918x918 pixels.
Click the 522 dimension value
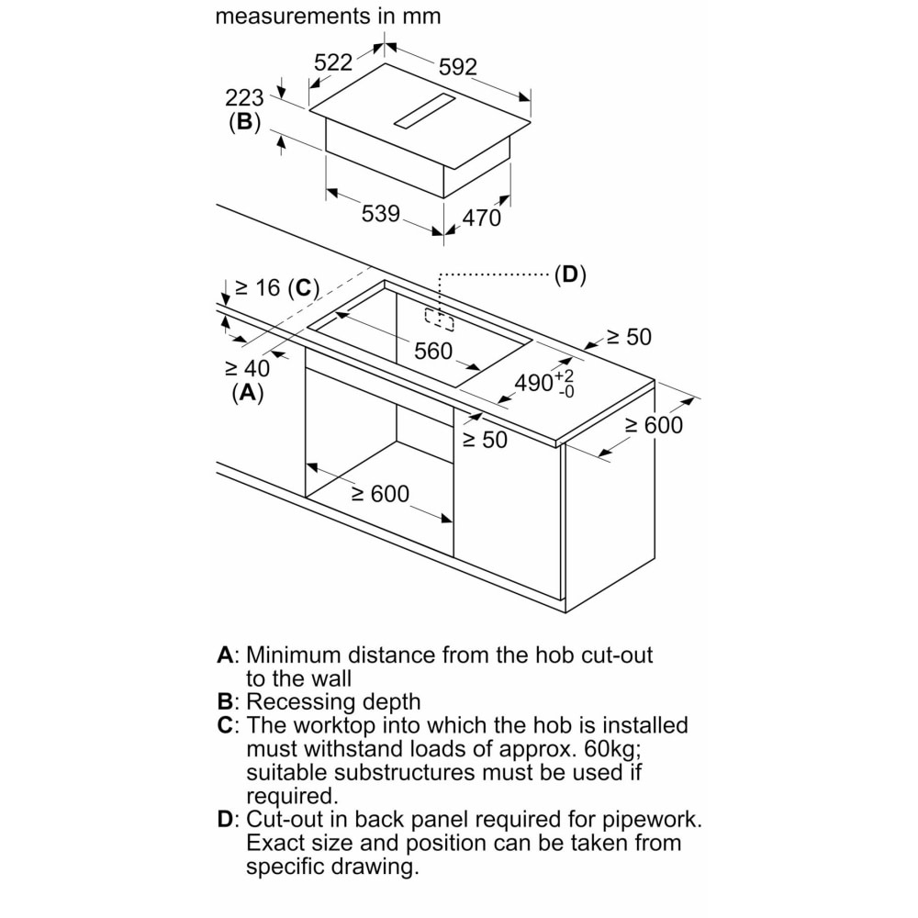click(x=333, y=62)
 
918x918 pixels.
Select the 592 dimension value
click(x=458, y=67)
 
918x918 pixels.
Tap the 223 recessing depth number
click(x=244, y=98)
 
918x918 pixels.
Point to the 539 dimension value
click(x=381, y=214)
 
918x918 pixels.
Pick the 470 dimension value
click(x=481, y=218)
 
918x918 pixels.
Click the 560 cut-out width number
click(x=433, y=352)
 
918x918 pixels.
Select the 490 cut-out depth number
click(x=534, y=382)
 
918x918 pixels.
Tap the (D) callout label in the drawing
click(x=570, y=274)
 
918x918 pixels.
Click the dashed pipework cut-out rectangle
click(x=439, y=319)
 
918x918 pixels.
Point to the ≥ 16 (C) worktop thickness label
click(x=277, y=288)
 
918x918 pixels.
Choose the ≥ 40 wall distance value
click(x=247, y=369)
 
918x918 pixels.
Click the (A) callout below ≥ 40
click(x=248, y=392)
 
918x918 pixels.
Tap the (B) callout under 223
click(x=244, y=122)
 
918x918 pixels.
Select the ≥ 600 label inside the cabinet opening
click(x=380, y=494)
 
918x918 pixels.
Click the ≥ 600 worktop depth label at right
click(x=654, y=425)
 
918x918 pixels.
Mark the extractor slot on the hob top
click(x=424, y=111)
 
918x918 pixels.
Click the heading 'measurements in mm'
click(x=328, y=16)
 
